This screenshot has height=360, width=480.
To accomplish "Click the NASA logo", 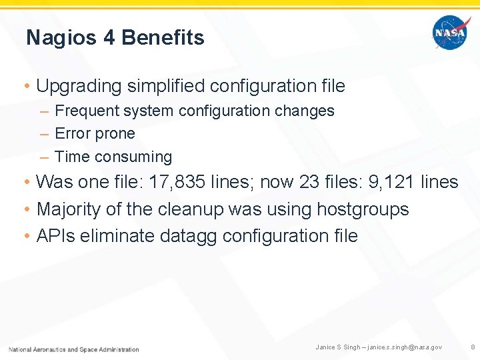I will [451, 33].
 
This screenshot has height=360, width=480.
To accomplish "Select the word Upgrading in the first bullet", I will [80, 86].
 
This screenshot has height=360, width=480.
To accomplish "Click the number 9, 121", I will [396, 182].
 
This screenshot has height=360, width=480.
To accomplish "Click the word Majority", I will [69, 209].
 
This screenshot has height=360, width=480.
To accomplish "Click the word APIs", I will [55, 236].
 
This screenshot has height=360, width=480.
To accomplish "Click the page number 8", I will [473, 347].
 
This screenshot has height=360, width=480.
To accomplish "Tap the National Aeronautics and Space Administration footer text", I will [74, 349].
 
